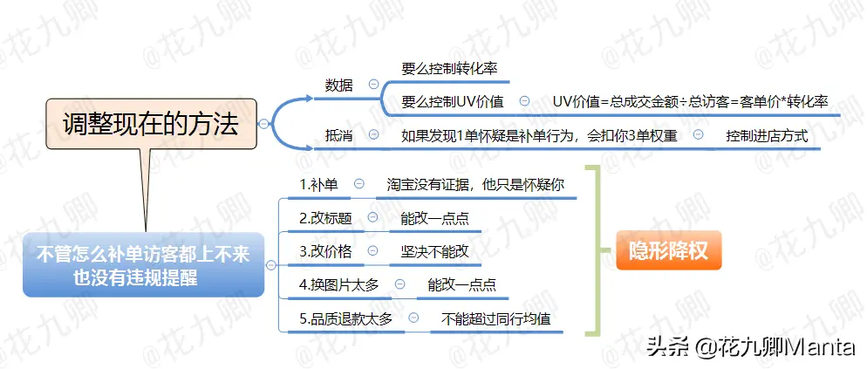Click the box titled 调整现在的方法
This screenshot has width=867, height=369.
pyautogui.click(x=151, y=124)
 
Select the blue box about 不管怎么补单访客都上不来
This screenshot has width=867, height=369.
pyautogui.click(x=143, y=265)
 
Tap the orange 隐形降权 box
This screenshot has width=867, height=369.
pyautogui.click(x=668, y=250)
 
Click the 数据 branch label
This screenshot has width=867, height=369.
pyautogui.click(x=339, y=85)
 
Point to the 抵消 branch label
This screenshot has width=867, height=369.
pyautogui.click(x=339, y=135)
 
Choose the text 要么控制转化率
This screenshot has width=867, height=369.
pyautogui.click(x=449, y=69)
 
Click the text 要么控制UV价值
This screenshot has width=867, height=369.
pyautogui.click(x=453, y=102)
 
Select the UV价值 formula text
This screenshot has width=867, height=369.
pyautogui.click(x=691, y=102)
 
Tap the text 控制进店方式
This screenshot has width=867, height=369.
pyautogui.click(x=767, y=135)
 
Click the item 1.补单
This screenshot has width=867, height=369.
pyautogui.click(x=319, y=185)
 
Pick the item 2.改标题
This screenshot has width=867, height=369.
pyautogui.click(x=325, y=218)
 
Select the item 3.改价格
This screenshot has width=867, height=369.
pyautogui.click(x=325, y=251)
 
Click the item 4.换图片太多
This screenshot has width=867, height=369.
pyautogui.click(x=339, y=285)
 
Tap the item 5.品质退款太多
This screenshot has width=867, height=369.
pyautogui.click(x=346, y=318)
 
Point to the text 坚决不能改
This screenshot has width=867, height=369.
pyautogui.click(x=435, y=251)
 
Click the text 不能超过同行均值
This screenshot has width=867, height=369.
pyautogui.click(x=496, y=318)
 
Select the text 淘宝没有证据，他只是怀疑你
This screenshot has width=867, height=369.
pyautogui.click(x=475, y=185)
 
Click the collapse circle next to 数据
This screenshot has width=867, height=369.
pyautogui.click(x=373, y=85)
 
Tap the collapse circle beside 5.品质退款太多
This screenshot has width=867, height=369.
pyautogui.click(x=413, y=318)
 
